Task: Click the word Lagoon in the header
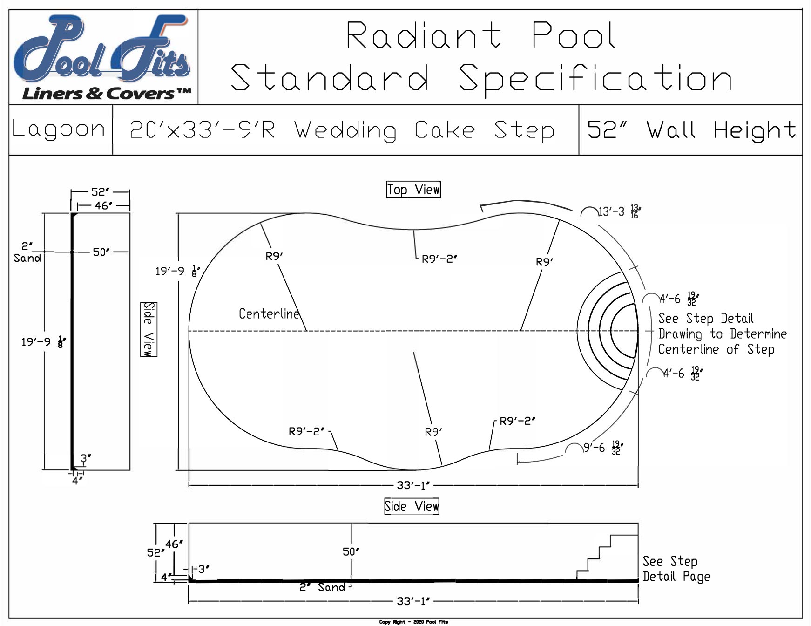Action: (59, 129)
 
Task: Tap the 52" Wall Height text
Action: (691, 130)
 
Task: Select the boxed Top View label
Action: (413, 190)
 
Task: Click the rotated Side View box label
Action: (149, 329)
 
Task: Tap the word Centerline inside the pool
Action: (269, 314)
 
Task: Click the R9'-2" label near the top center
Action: (439, 259)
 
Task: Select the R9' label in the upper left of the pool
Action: (274, 256)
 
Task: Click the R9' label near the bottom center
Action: (433, 432)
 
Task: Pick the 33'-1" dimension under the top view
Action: (412, 485)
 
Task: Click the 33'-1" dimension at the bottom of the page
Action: (412, 601)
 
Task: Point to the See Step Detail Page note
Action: (676, 569)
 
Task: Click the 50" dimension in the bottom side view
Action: (351, 552)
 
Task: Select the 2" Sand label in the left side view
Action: (27, 252)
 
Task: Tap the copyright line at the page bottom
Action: (413, 622)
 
